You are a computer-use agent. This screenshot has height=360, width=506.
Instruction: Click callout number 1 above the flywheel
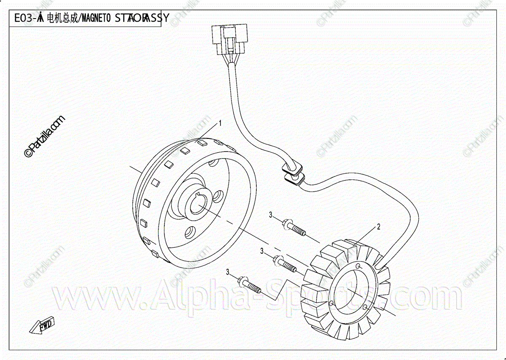(220, 123)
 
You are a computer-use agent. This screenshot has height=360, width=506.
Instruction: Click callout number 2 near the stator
(378, 227)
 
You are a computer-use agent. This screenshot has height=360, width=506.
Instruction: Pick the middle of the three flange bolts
(285, 263)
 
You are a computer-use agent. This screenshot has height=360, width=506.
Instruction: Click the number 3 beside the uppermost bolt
(271, 215)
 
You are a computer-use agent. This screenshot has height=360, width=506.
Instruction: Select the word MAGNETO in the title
(95, 18)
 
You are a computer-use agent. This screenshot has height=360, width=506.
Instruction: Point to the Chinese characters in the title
(62, 18)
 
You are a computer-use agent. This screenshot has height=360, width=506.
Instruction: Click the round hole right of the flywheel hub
(219, 197)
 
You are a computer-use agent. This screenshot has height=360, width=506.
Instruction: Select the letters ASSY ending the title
(158, 18)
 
